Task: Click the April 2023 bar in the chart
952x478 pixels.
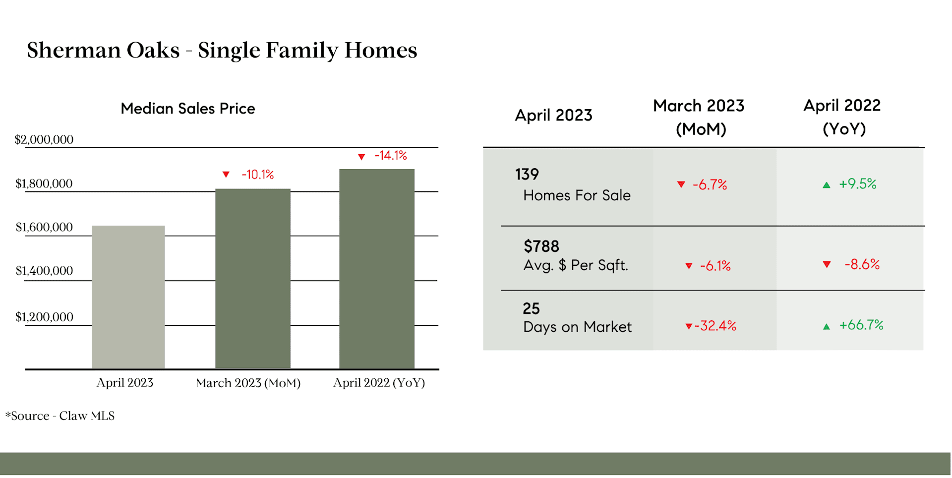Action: pyautogui.click(x=128, y=297)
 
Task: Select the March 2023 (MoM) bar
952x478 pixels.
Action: pyautogui.click(x=253, y=279)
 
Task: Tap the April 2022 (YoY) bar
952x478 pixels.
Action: pyautogui.click(x=377, y=269)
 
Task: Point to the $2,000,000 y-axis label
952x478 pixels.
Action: pyautogui.click(x=44, y=140)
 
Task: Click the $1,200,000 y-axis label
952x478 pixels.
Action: pyautogui.click(x=44, y=317)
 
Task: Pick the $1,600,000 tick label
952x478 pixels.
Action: pyautogui.click(x=44, y=227)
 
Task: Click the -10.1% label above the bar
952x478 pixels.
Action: pyautogui.click(x=258, y=175)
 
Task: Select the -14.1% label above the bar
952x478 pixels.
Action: pyautogui.click(x=391, y=156)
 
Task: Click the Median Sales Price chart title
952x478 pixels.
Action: pyautogui.click(x=188, y=109)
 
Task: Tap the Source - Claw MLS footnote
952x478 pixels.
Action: pyautogui.click(x=60, y=416)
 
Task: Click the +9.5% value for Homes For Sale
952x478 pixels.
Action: pyautogui.click(x=858, y=184)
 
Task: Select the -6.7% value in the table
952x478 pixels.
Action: pyautogui.click(x=710, y=185)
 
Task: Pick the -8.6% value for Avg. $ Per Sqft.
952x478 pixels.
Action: pyautogui.click(x=862, y=264)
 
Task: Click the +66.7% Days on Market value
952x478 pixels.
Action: pyautogui.click(x=861, y=325)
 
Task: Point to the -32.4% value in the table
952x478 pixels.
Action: pyautogui.click(x=715, y=326)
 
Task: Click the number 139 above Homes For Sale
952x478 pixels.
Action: pyautogui.click(x=527, y=175)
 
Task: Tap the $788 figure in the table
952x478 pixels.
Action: pyautogui.click(x=541, y=246)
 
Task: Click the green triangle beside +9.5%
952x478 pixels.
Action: pyautogui.click(x=827, y=185)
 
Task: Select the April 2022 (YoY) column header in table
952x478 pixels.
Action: pyautogui.click(x=842, y=117)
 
